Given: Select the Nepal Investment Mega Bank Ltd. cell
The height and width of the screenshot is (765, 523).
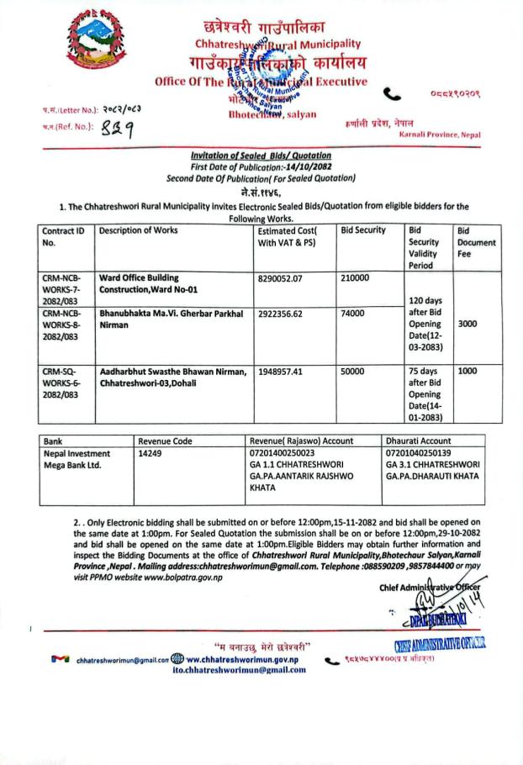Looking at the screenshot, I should pyautogui.click(x=78, y=459).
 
